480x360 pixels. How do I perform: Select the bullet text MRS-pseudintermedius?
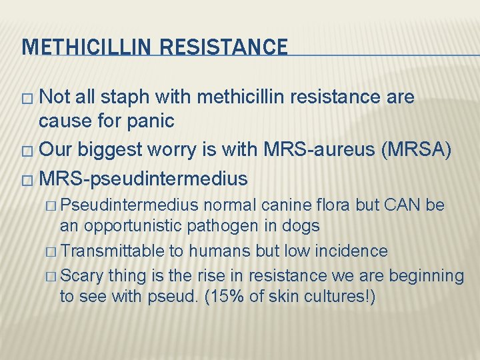143,179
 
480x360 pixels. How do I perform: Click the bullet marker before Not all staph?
27,99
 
